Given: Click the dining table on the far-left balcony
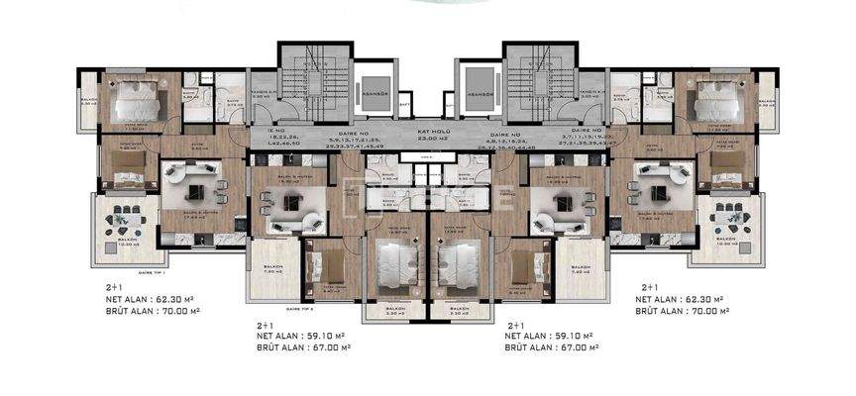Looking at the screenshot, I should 125,218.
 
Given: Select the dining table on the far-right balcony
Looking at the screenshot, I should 731,218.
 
